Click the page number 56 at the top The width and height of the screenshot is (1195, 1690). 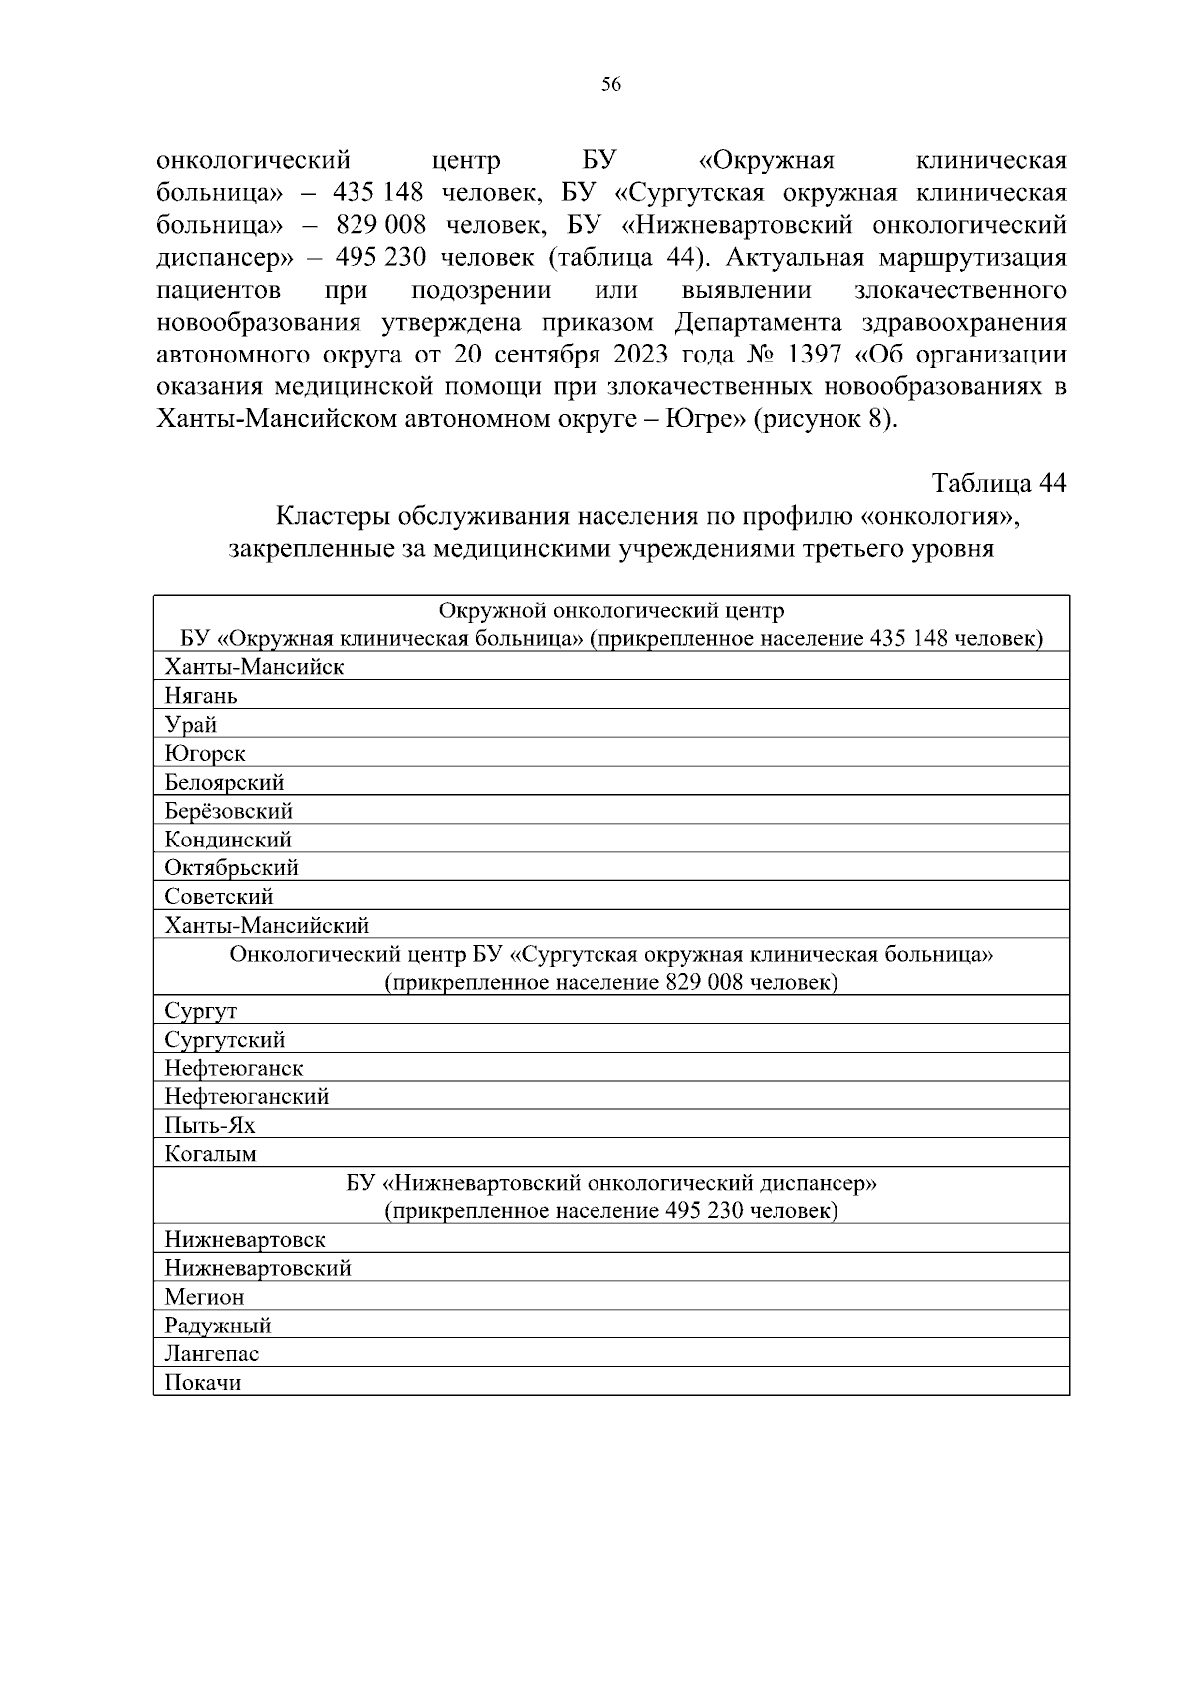[611, 86]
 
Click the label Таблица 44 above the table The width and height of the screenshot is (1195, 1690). [998, 483]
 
